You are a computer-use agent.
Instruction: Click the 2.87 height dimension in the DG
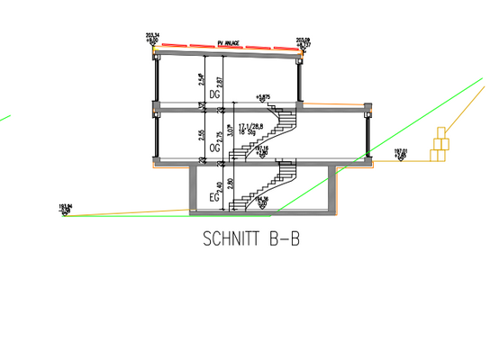[220, 83]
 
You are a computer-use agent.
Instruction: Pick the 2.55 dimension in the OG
[200, 136]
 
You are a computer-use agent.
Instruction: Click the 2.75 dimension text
[220, 136]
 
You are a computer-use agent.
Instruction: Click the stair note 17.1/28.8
[253, 127]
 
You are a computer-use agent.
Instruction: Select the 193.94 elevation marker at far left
[64, 210]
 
